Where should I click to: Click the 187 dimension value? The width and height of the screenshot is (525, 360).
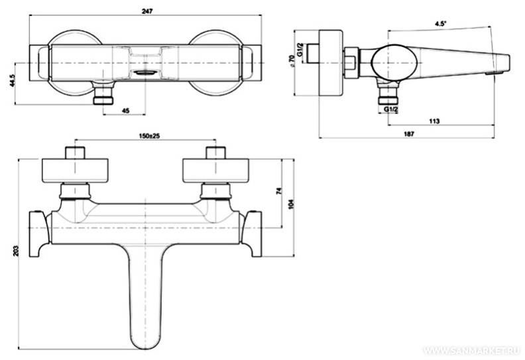click(x=409, y=134)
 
